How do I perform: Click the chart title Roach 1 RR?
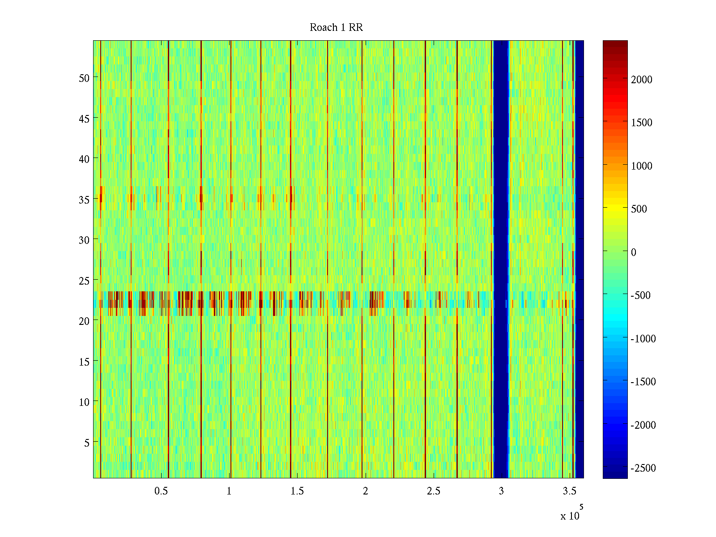coord(336,28)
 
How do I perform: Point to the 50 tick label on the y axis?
coord(84,78)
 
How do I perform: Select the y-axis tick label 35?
coord(84,200)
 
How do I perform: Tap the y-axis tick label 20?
coord(84,321)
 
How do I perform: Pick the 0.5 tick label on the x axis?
coord(161,491)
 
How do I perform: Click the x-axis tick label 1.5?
coord(297,491)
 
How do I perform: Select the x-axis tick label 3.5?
coord(569,491)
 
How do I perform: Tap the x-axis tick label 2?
coord(365,491)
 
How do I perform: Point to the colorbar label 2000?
coord(641,80)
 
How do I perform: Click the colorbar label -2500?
coord(643,468)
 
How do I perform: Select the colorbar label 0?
coord(633,252)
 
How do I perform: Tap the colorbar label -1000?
coord(643,339)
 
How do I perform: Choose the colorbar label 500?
coord(639,209)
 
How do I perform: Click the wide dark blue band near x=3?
coord(501,260)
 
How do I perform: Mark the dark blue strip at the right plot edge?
coord(579,260)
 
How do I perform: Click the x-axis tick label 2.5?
coord(433,491)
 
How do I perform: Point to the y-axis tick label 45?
coord(84,119)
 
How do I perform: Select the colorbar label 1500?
coord(641,123)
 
